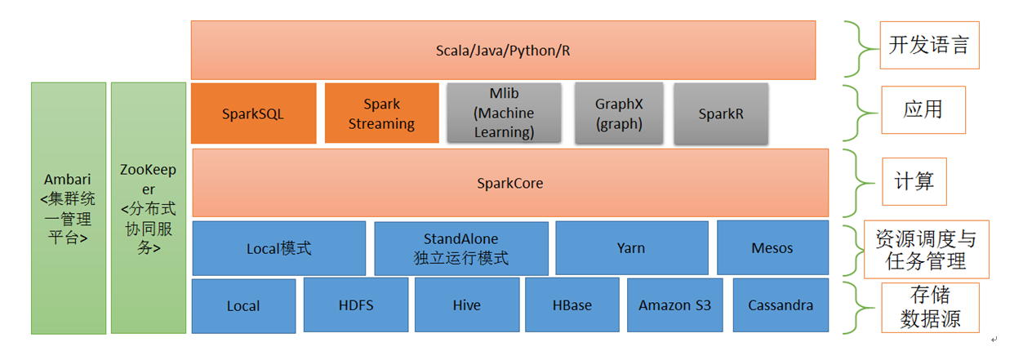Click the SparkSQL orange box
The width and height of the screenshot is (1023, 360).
pos(253,114)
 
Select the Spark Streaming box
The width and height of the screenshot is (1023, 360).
pos(381,114)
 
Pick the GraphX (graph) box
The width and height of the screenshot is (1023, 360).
pos(618,114)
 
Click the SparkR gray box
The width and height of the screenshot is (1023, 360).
pos(721,114)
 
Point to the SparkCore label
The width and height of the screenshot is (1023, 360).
pos(509,184)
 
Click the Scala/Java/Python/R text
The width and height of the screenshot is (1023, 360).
pos(503,51)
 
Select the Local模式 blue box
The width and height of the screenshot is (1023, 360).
pos(278,248)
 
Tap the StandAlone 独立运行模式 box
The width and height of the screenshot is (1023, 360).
pos(460,248)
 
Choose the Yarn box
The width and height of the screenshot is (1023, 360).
pos(631,248)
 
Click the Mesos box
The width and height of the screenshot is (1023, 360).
pos(772,248)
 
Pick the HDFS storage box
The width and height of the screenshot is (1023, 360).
pos(355,305)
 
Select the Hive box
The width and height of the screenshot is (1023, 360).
pos(466,305)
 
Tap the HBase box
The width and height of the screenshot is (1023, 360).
pos(572,305)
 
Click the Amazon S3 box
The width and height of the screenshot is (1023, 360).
pos(674,305)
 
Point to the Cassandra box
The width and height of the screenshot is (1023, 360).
pos(781,305)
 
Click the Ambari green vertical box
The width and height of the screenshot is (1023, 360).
pos(69,208)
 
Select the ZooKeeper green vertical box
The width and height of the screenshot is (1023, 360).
pos(149,208)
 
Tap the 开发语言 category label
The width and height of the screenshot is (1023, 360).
pos(928,45)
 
